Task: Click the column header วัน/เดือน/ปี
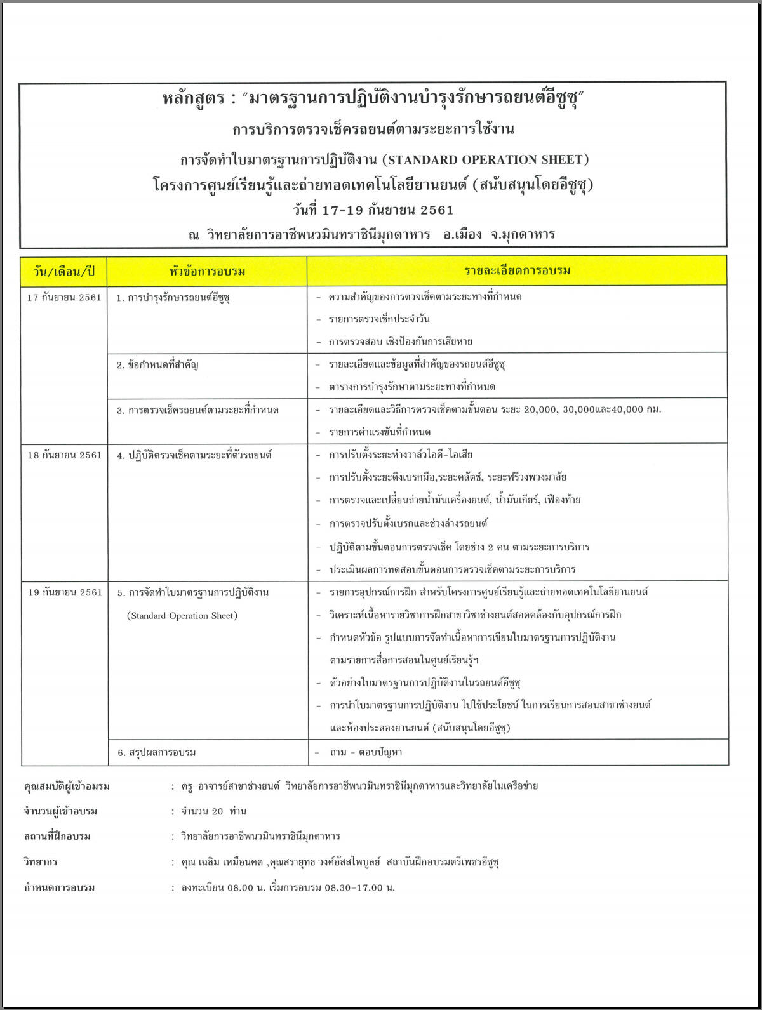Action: click(x=63, y=272)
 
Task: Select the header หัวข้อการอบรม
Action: click(x=207, y=272)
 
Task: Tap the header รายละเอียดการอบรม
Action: click(x=517, y=271)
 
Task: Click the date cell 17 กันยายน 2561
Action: click(x=64, y=297)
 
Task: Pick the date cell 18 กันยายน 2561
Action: click(x=64, y=455)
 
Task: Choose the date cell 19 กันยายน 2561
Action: click(x=64, y=592)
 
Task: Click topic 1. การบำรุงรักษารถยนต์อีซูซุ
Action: click(x=173, y=297)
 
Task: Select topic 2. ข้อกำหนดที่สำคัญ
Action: click(x=157, y=365)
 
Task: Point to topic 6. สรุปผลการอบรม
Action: click(x=157, y=752)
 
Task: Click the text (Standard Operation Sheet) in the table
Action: click(x=182, y=615)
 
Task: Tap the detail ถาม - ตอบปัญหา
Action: click(x=366, y=752)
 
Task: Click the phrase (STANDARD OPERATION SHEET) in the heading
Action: click(x=486, y=159)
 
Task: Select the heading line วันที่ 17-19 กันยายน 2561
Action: click(x=373, y=210)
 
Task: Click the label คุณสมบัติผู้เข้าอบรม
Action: click(x=67, y=787)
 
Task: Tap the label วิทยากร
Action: click(x=41, y=862)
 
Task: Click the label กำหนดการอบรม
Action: click(x=59, y=887)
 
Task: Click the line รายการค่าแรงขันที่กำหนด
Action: click(x=380, y=432)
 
